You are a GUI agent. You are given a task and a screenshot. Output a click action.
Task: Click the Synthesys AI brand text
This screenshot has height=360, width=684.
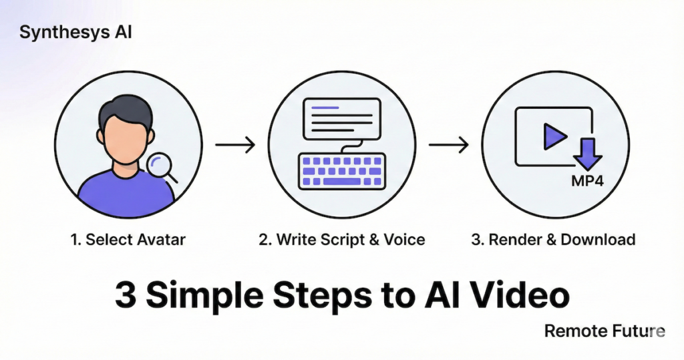(75, 33)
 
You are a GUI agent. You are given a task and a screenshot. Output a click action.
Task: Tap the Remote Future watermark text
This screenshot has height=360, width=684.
(604, 331)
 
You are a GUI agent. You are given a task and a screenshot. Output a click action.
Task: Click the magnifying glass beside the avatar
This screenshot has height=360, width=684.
(161, 166)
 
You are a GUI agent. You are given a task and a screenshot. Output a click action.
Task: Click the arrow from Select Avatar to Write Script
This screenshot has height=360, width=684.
(235, 144)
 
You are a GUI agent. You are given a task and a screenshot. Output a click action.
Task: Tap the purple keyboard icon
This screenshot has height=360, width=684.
(342, 170)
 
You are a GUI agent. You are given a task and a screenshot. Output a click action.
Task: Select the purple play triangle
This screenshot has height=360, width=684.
(554, 137)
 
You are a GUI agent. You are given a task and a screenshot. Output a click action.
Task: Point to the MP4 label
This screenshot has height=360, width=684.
(587, 181)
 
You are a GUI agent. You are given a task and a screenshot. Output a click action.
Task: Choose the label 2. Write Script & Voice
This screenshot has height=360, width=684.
(341, 240)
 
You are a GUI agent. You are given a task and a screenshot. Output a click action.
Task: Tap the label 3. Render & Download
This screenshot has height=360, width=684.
(553, 240)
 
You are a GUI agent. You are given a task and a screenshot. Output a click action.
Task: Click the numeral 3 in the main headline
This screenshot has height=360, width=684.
(124, 295)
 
